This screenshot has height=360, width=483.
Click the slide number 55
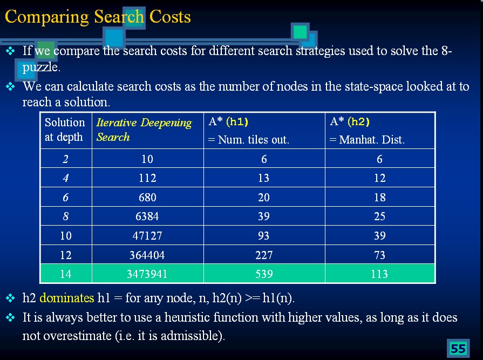point(458,349)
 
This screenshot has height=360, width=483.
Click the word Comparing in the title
point(47,17)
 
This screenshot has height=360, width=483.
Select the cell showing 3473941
point(147,274)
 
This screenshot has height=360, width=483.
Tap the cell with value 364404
point(147,255)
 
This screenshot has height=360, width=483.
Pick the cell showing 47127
point(147,236)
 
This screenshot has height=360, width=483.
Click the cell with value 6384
point(147,216)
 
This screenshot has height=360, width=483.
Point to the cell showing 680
point(147,198)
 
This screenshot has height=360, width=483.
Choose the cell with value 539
point(264,274)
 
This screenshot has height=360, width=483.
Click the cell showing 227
point(264,255)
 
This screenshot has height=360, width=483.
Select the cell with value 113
point(379,274)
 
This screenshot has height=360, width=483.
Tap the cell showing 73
point(379,255)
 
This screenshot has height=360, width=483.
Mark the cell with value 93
point(264,236)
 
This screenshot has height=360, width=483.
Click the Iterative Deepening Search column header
point(144,130)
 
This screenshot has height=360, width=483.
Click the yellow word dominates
point(67,298)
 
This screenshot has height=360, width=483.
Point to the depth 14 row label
point(65,274)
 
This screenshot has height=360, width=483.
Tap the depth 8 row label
point(65,216)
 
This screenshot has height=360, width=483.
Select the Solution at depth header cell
point(65,130)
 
